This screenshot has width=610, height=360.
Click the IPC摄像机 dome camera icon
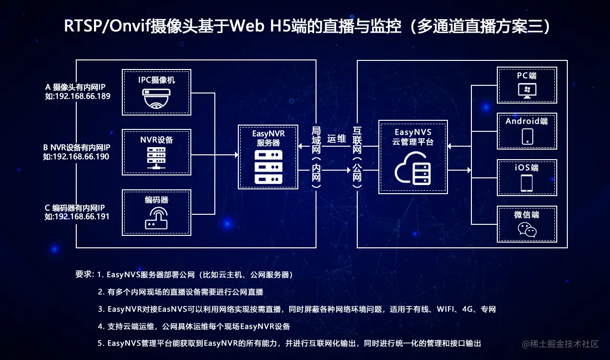(x=156, y=99)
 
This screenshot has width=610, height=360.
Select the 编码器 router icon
(x=156, y=218)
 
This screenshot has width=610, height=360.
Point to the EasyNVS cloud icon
(x=413, y=168)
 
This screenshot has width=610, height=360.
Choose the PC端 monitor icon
(x=527, y=91)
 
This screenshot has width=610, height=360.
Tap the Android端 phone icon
(x=527, y=136)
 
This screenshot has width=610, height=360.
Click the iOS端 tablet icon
(x=527, y=183)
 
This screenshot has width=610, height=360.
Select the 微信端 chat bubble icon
(x=527, y=231)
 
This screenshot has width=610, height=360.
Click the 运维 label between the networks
(x=337, y=139)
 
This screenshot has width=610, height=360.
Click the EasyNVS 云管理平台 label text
(x=413, y=137)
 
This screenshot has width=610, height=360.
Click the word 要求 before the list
(x=83, y=275)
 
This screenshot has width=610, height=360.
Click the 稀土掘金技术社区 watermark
(x=561, y=344)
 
